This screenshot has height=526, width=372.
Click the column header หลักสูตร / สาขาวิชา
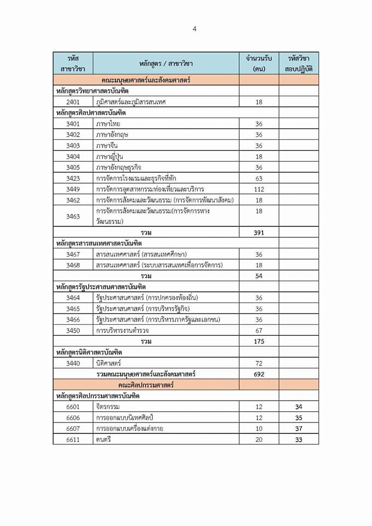coord(165,63)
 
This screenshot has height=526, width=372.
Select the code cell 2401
coord(73,102)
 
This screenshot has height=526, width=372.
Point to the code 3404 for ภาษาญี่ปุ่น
coord(73,156)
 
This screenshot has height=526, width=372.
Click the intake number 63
coord(259,178)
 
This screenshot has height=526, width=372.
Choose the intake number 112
coord(259,189)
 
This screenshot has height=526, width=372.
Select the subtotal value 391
coord(259,232)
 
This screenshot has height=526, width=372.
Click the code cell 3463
coord(73,216)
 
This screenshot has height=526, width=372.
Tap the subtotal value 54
coord(259,276)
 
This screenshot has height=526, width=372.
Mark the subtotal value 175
coord(259,341)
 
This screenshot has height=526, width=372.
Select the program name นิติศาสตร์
coord(108,363)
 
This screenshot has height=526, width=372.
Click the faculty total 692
coord(259,374)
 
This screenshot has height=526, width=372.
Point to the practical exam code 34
coord(298,407)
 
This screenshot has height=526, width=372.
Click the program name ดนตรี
coord(104,439)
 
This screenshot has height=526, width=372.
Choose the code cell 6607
coord(73,428)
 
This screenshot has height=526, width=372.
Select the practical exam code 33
coord(298,439)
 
